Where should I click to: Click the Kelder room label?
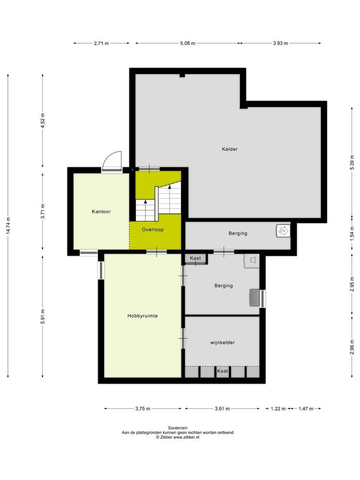[x=230, y=149]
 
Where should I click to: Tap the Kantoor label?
[x=101, y=212]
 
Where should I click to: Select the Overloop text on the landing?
[x=153, y=230]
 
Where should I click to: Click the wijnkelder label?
[x=222, y=343]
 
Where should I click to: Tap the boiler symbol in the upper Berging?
[x=282, y=231]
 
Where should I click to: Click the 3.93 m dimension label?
[x=280, y=43]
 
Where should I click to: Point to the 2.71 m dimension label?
[x=101, y=43]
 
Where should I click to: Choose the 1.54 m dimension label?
[x=352, y=234]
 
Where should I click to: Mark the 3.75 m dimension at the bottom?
[x=142, y=408]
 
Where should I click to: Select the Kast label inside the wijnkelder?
[x=222, y=371]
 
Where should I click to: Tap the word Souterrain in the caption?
[x=178, y=427]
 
